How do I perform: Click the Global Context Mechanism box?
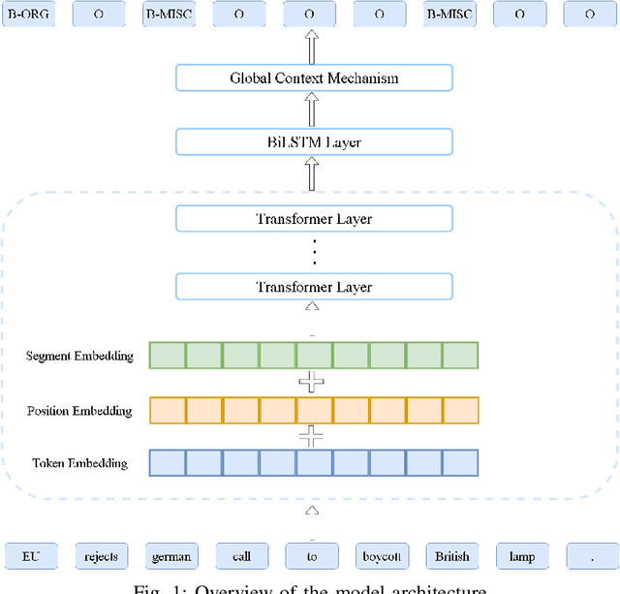pyautogui.click(x=314, y=78)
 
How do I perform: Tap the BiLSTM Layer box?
pyautogui.click(x=314, y=142)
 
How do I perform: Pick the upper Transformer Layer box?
pyautogui.click(x=314, y=219)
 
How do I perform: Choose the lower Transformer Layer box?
pyautogui.click(x=314, y=286)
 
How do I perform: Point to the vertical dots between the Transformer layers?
pyautogui.click(x=314, y=253)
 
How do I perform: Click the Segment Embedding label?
pyautogui.click(x=79, y=356)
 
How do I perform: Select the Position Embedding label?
pyautogui.click(x=79, y=411)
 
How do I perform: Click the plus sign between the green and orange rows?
pyautogui.click(x=310, y=383)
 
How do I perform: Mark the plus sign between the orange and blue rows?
pyautogui.click(x=310, y=437)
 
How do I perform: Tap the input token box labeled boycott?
pyautogui.click(x=382, y=556)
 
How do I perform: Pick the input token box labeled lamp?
pyautogui.click(x=522, y=556)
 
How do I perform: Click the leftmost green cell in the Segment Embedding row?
pyautogui.click(x=168, y=356)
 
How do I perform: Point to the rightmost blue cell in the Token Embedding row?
pyautogui.click(x=460, y=463)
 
